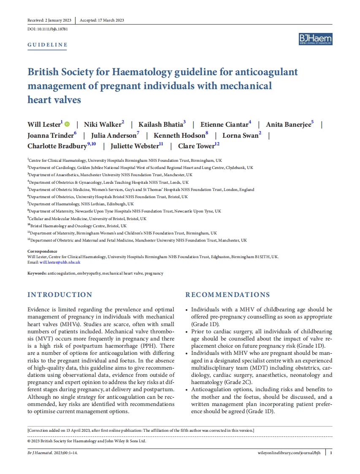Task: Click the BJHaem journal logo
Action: tap(315, 39)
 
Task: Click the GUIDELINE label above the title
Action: tap(47, 45)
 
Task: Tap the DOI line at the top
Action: tap(48, 29)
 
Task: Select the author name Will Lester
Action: tap(44, 124)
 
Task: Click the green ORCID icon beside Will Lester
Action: tap(68, 124)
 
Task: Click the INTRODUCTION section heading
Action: tap(60, 295)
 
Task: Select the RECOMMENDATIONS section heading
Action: tap(227, 295)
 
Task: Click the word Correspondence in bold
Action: tap(42, 251)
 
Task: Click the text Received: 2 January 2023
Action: tap(49, 20)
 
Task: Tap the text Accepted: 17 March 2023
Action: tap(102, 20)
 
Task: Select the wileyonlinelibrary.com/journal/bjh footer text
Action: tap(289, 453)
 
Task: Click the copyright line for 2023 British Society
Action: tap(87, 441)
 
